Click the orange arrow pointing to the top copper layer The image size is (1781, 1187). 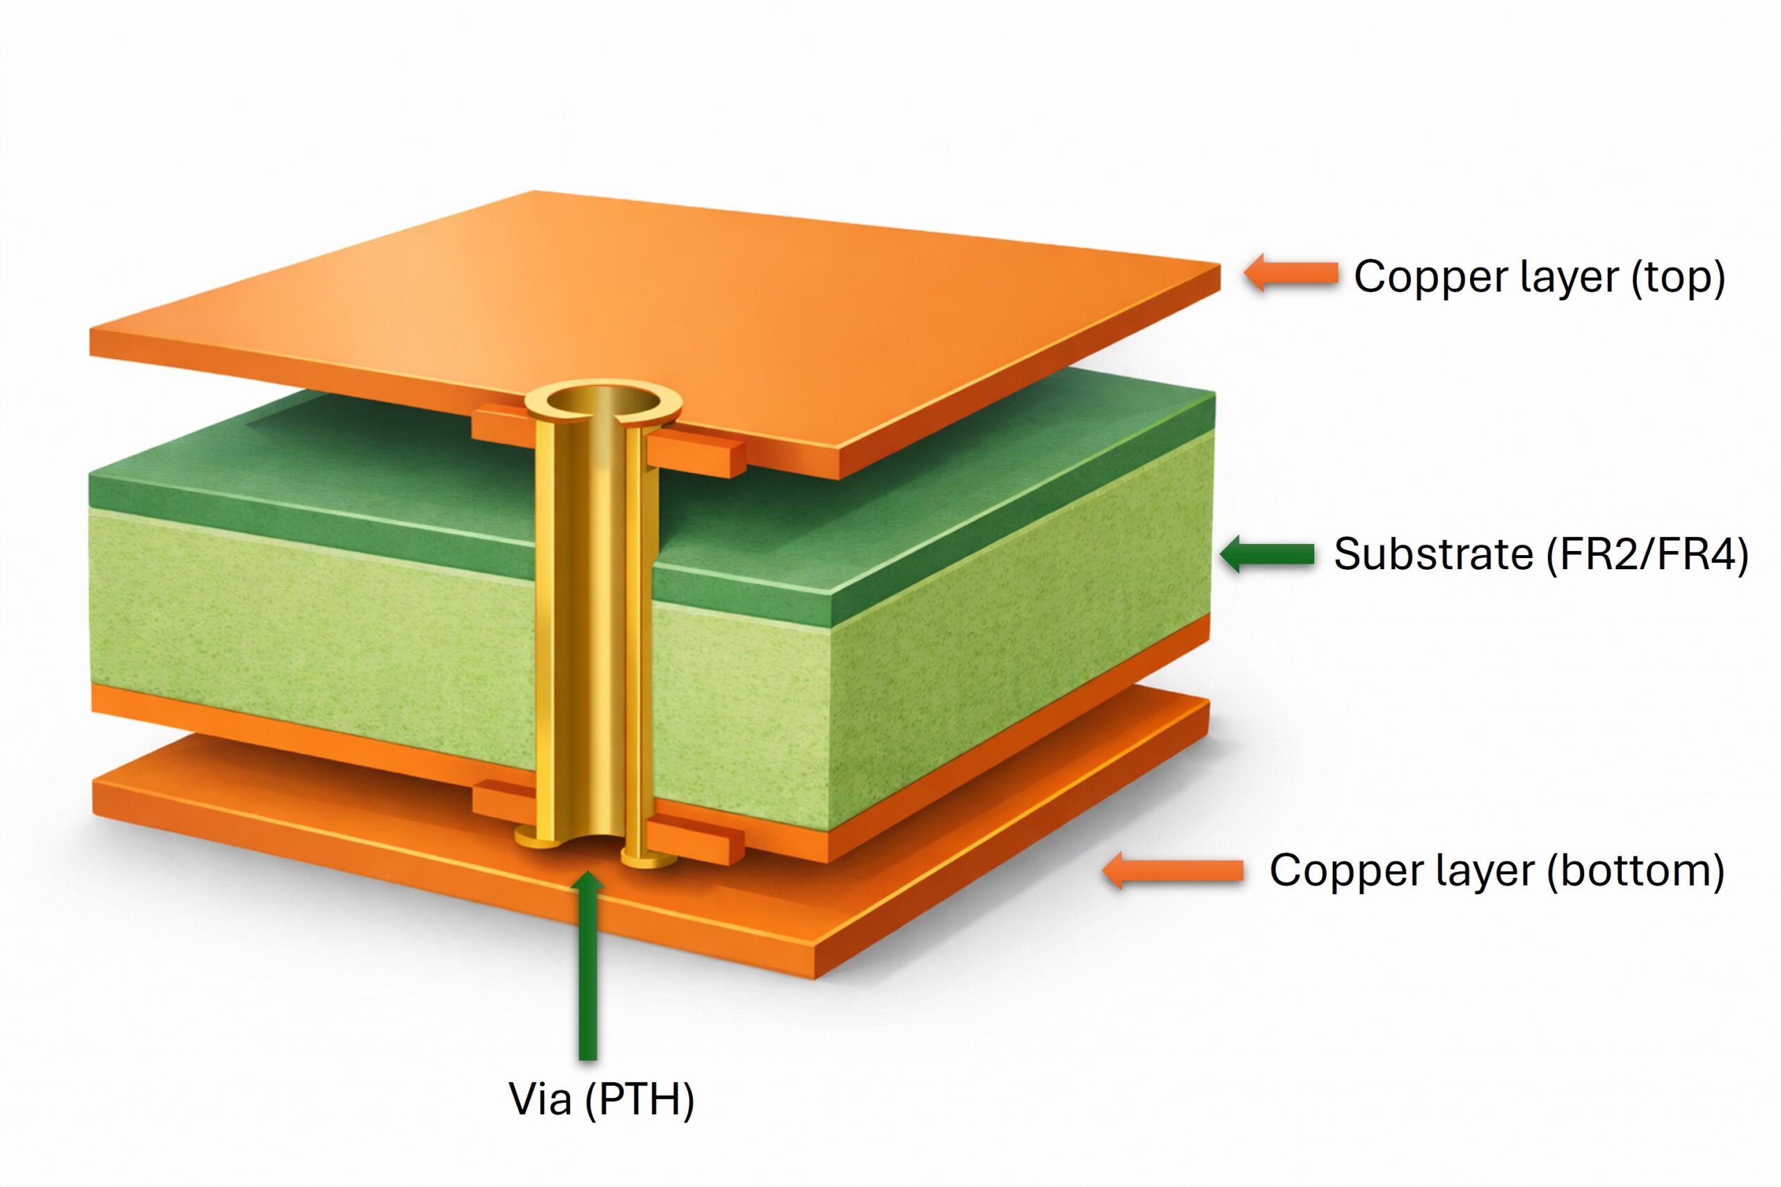pyautogui.click(x=1291, y=273)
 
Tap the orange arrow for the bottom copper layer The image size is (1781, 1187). pyautogui.click(x=1173, y=870)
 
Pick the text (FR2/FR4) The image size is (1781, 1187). pyautogui.click(x=1647, y=555)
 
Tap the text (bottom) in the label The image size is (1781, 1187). pyautogui.click(x=1636, y=871)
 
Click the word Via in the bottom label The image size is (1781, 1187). pyautogui.click(x=540, y=1099)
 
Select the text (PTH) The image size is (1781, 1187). pyautogui.click(x=639, y=1100)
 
